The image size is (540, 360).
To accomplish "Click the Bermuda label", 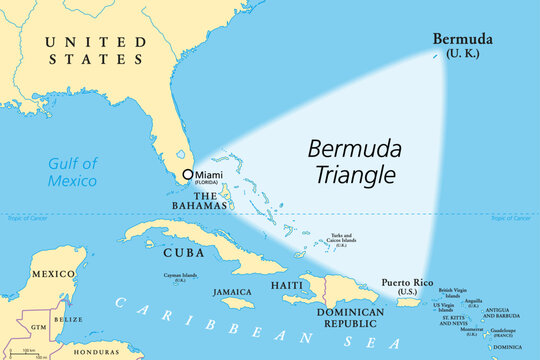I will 462,39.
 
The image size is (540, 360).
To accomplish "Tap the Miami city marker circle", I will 187,174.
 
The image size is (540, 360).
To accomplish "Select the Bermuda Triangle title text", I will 351,163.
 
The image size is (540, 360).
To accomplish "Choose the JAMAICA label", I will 232,292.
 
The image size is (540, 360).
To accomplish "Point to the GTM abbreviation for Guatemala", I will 37,326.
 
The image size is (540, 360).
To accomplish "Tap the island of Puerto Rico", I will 409,301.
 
